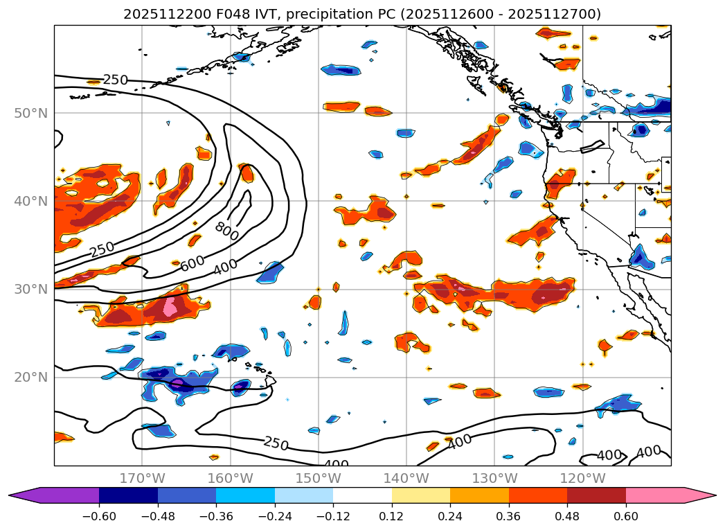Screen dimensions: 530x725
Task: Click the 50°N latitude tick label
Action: coord(31,113)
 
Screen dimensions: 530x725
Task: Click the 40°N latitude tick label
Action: coord(31,201)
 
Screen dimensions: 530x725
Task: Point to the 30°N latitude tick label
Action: coord(31,289)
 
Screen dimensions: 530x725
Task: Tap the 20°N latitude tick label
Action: coord(31,377)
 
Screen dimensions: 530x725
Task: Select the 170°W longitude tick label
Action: coord(142,478)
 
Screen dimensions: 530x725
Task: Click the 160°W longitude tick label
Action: coord(230,478)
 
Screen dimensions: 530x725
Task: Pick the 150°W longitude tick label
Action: coord(318,478)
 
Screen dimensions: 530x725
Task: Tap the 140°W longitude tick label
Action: coord(406,478)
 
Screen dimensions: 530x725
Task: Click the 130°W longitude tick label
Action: coord(494,478)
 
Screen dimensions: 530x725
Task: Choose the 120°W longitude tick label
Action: coord(582,478)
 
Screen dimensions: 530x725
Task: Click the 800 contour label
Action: coord(226,231)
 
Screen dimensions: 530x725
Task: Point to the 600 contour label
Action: coord(193,264)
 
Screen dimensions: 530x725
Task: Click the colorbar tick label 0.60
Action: coord(625,518)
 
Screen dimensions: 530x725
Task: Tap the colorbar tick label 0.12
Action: coord(392,518)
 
